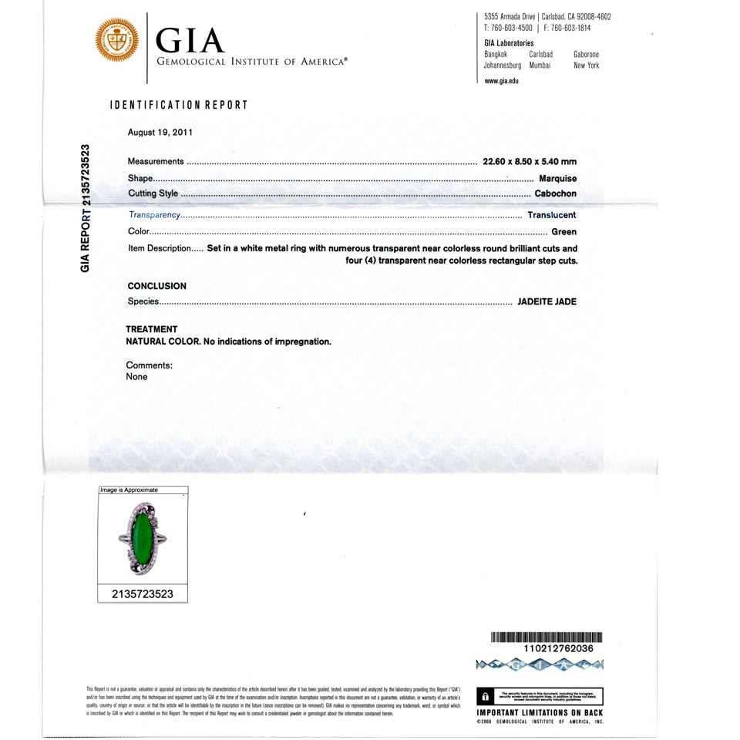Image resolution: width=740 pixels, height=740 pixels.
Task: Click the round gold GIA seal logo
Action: pos(117,41)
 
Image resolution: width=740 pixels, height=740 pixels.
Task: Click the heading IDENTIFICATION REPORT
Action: pos(180,105)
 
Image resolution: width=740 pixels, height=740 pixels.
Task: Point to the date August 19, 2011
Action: pos(160,132)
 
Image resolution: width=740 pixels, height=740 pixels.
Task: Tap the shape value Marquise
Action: pos(557,178)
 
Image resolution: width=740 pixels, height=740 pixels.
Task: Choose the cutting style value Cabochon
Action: pos(555,193)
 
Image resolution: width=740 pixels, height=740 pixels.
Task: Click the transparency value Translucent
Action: pos(552,215)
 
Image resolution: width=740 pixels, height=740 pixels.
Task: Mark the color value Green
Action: pos(564,231)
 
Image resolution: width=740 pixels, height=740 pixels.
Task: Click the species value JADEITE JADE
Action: pos(547,301)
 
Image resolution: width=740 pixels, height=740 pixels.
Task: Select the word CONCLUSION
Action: pos(157,286)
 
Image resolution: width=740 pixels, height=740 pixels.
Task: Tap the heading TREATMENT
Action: pos(152,329)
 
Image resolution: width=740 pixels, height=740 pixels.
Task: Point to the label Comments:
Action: pos(150,365)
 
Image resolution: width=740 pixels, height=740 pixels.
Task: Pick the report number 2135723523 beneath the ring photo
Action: pos(143,594)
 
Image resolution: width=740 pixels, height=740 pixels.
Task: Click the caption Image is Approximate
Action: pos(129,490)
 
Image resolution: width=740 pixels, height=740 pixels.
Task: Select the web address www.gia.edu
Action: pos(502,81)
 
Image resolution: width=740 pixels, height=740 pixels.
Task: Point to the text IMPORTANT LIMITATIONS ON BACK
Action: pos(540,713)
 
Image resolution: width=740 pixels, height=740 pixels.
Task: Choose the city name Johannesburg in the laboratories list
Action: pos(503,66)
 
